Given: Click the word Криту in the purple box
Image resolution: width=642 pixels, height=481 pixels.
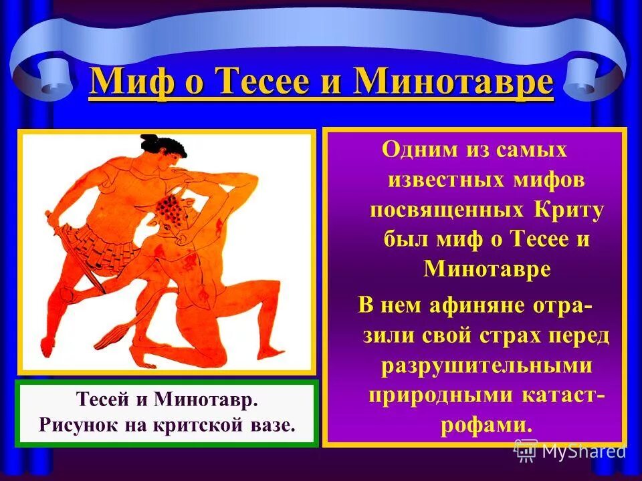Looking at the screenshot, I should pyautogui.click(x=569, y=210).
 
